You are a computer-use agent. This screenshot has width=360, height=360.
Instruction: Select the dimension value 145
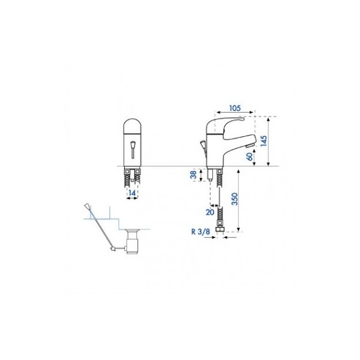pyautogui.click(x=264, y=141)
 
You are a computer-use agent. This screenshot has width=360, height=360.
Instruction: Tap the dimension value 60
pyautogui.click(x=250, y=157)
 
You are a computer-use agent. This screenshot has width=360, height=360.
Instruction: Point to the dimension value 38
pyautogui.click(x=194, y=175)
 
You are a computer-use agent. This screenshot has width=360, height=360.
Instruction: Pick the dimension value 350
pyautogui.click(x=235, y=199)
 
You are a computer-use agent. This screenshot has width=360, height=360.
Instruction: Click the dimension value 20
pyautogui.click(x=209, y=212)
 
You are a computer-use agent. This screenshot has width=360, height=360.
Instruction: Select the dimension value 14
pyautogui.click(x=132, y=193)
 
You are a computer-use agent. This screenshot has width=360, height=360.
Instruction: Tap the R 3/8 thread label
pyautogui.click(x=200, y=232)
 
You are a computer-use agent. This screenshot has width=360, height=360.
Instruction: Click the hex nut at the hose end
pyautogui.click(x=220, y=229)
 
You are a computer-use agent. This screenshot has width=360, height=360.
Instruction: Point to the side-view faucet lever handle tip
pyautogui.click(x=242, y=119)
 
